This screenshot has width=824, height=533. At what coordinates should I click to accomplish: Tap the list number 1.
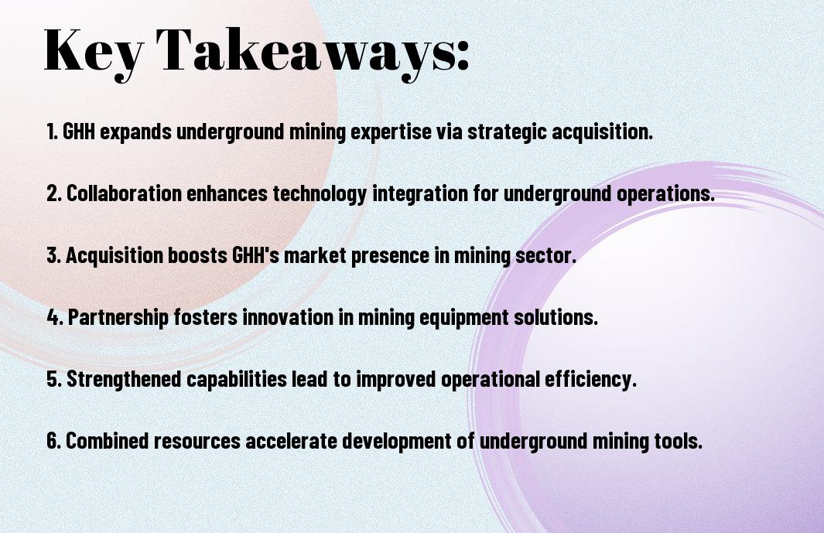click(x=52, y=132)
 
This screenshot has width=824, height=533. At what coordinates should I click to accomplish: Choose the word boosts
click(x=197, y=255)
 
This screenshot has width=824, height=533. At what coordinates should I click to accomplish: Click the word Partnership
click(x=118, y=317)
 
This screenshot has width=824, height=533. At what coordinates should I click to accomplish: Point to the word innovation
click(x=288, y=316)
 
